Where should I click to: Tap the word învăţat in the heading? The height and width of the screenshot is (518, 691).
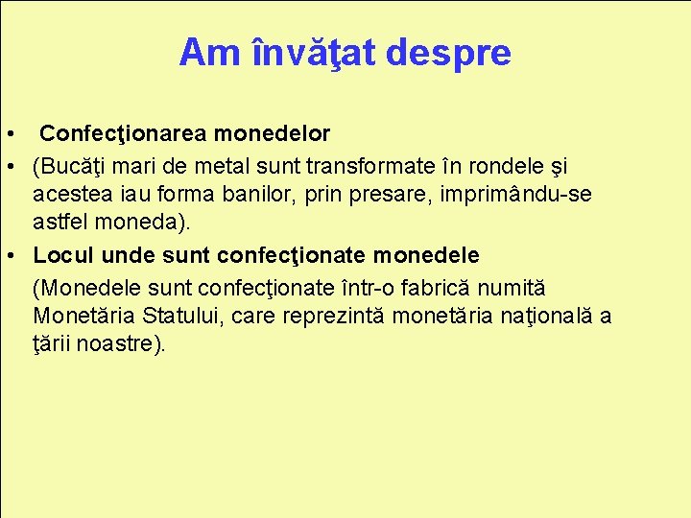click(x=312, y=53)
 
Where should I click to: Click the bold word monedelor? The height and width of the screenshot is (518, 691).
click(x=276, y=132)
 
